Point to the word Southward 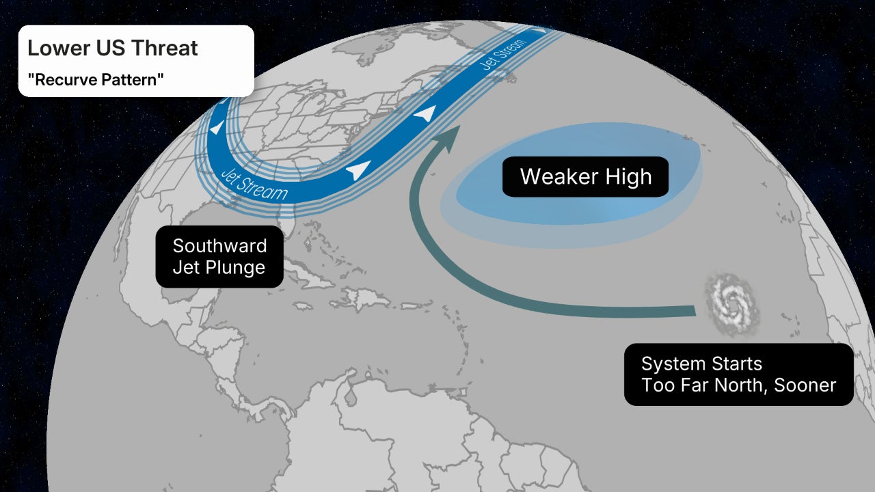click(x=219, y=246)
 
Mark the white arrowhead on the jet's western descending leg click(x=216, y=128)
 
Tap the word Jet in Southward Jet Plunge click(x=185, y=267)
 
